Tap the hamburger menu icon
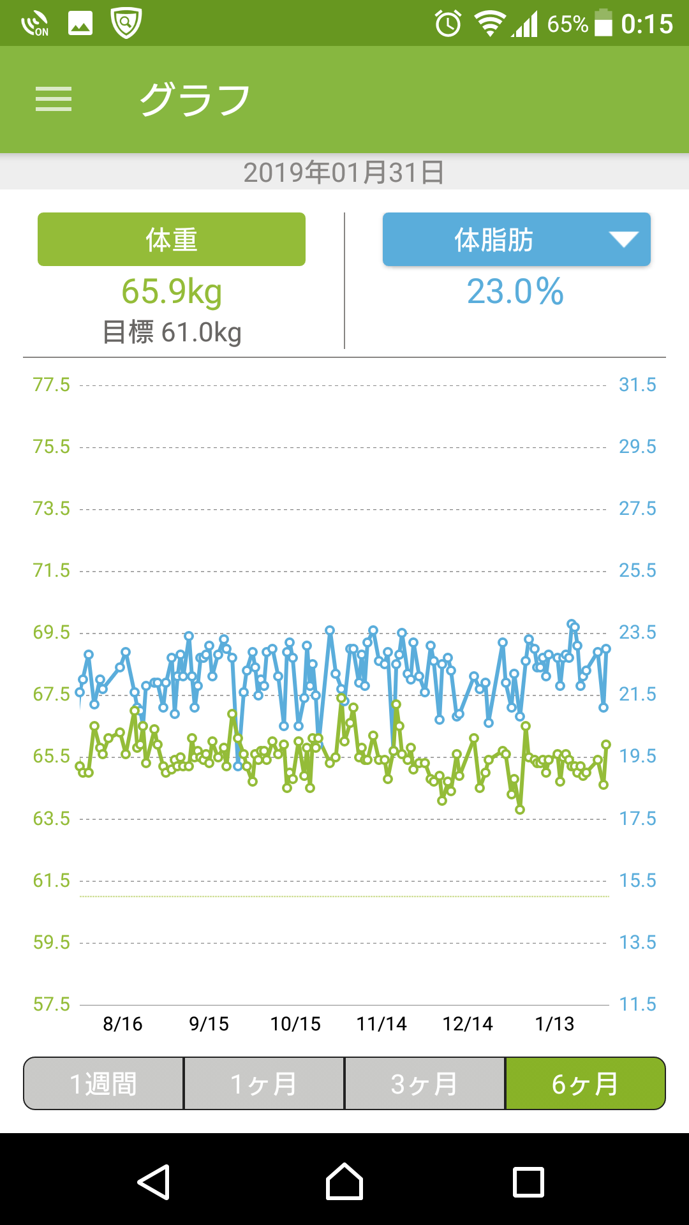pos(54,100)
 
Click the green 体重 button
pos(171,239)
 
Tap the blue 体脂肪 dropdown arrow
pos(623,239)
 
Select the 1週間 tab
pos(103,1084)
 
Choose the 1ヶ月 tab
pos(264,1084)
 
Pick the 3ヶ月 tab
pos(425,1084)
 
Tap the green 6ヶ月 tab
pos(585,1084)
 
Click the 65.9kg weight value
pos(172,292)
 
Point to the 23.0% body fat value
pos(515,292)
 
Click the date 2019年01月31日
pos(344,172)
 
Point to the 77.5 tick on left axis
pos(51,385)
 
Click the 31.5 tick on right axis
pos(637,385)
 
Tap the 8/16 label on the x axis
pos(122,1024)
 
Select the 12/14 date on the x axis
pos(468,1024)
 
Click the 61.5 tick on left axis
pos(51,880)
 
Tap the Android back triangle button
pos(154,1182)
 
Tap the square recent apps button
pos(529,1182)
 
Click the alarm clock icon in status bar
pos(448,24)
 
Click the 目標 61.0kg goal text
pos(172,332)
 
